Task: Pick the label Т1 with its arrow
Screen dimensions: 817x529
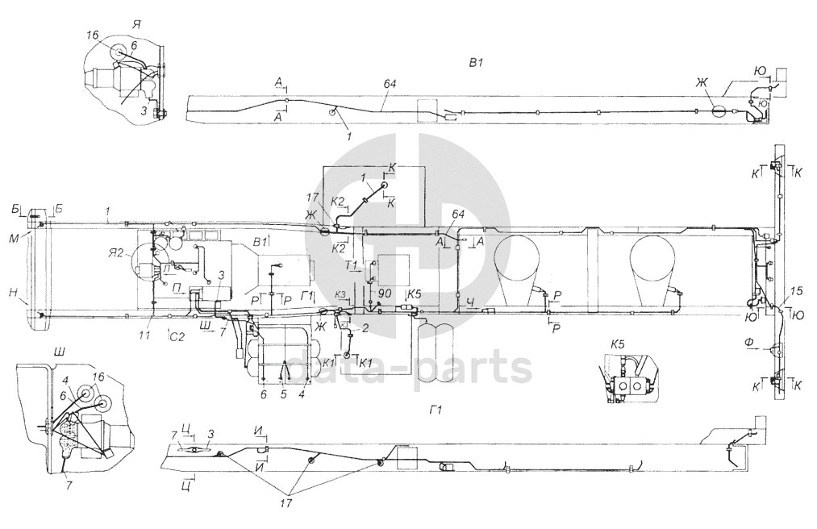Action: pyautogui.click(x=352, y=265)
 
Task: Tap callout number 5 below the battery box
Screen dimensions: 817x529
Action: pyautogui.click(x=283, y=394)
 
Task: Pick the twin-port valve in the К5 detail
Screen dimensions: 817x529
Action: pyautogui.click(x=630, y=387)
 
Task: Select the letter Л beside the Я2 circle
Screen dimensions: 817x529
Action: pyautogui.click(x=165, y=268)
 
